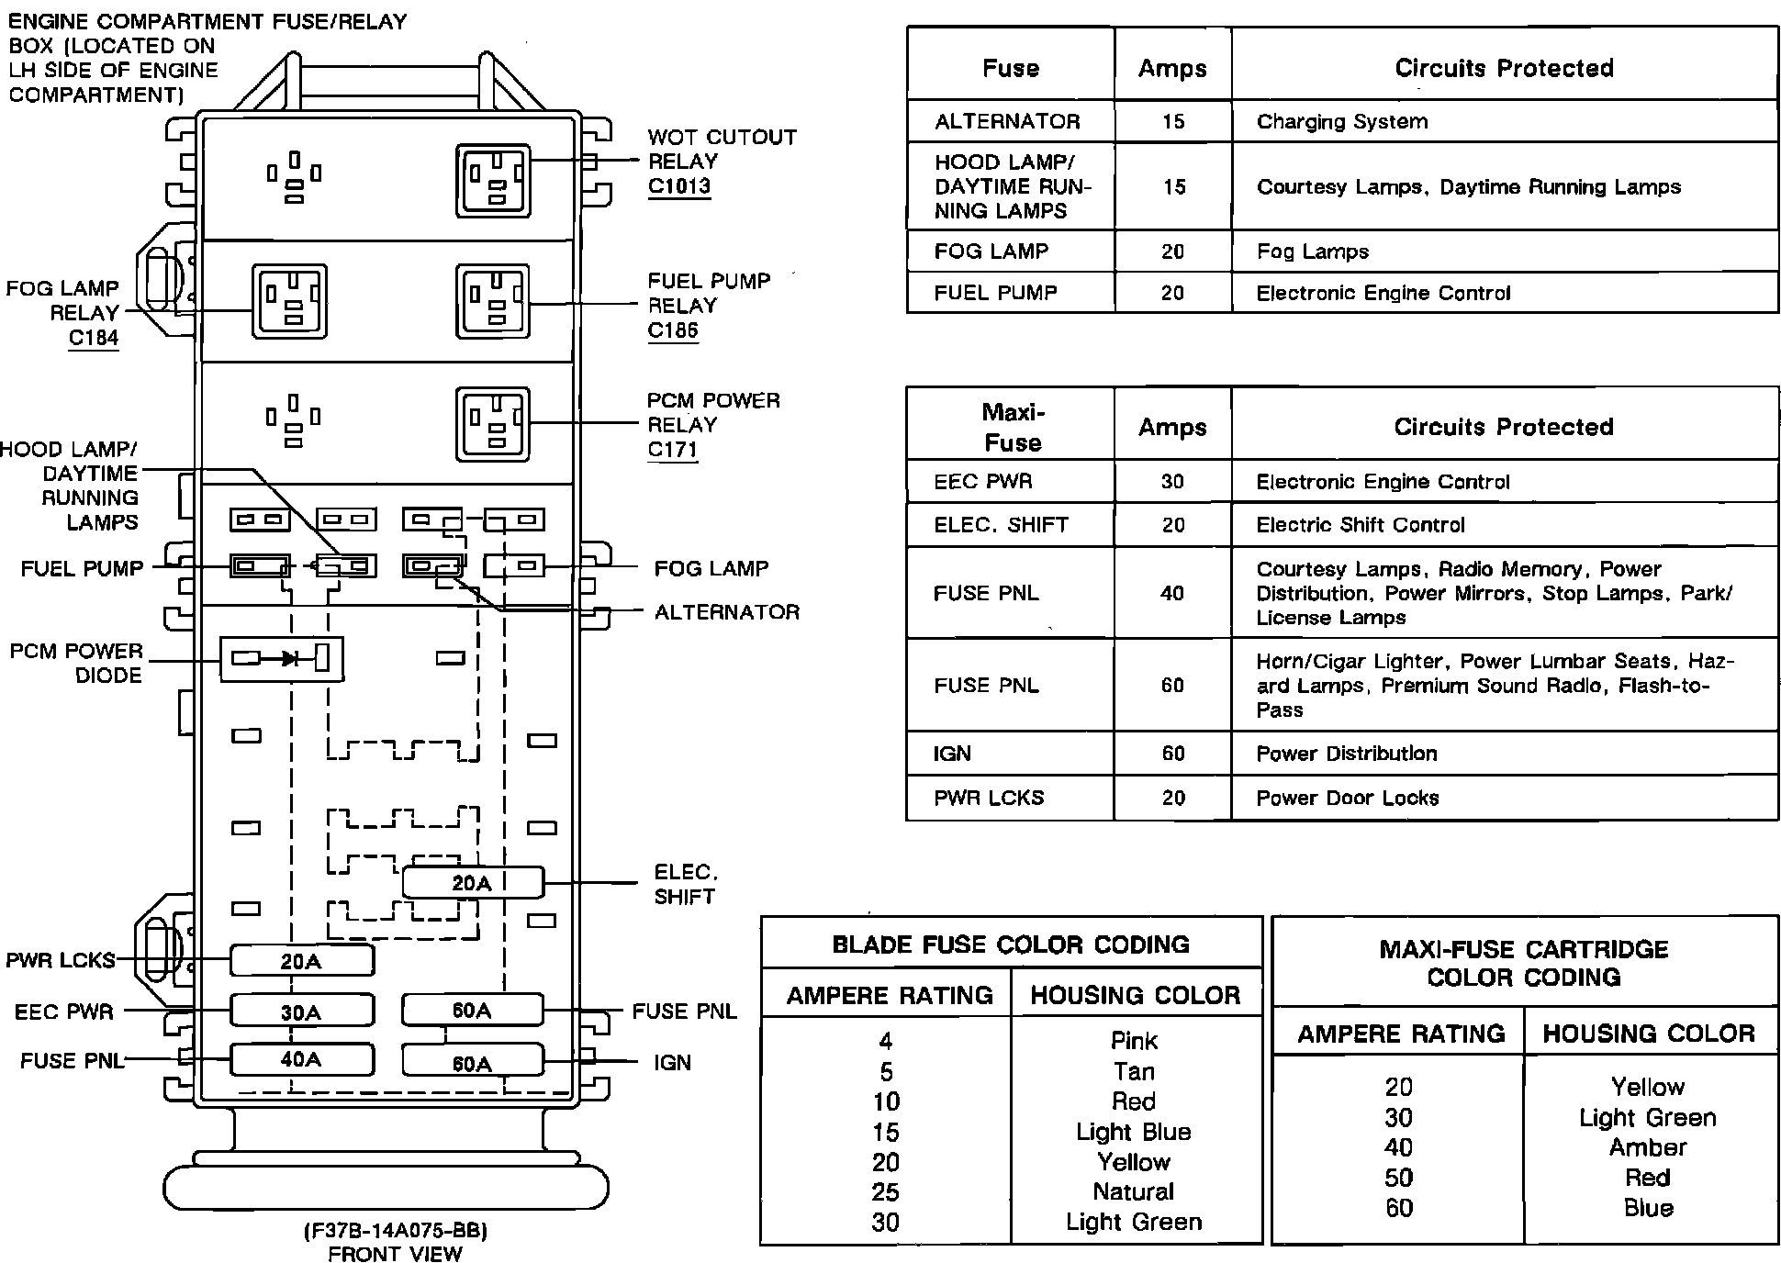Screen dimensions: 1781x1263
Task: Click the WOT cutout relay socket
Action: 494,180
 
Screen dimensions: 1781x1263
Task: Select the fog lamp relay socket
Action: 290,301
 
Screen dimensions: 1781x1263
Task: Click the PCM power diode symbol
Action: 282,658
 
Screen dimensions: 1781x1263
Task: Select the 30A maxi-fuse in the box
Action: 302,1011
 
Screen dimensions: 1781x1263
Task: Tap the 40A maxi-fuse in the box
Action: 302,1059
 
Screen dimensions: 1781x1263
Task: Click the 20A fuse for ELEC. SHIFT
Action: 473,883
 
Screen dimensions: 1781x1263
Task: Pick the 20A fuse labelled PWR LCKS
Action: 302,961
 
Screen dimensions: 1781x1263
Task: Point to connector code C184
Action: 94,338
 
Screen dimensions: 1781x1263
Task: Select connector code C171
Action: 673,450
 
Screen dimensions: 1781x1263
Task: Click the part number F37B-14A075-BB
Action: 395,1230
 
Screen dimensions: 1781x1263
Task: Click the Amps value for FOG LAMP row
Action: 1173,251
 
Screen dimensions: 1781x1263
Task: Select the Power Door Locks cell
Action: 1348,798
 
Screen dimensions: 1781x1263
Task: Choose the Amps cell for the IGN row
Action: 1173,754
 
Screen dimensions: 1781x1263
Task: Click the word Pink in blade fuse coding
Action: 1135,1041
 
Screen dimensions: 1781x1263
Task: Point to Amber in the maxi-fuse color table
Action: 1648,1147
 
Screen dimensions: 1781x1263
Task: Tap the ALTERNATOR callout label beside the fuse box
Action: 727,612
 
